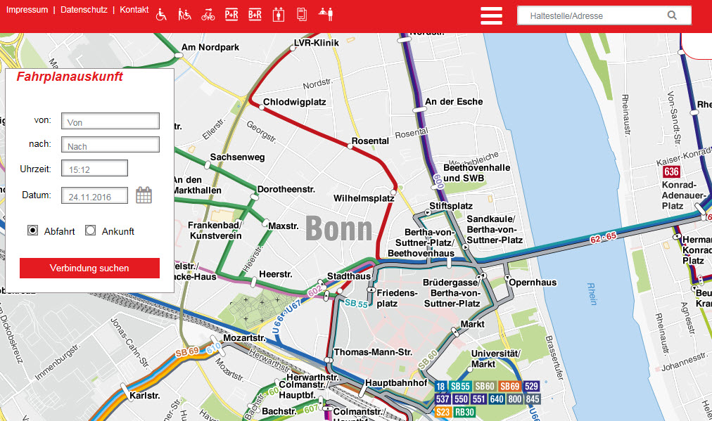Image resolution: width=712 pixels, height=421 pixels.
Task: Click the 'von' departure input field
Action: (110, 122)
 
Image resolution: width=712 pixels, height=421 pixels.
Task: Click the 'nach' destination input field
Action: (110, 145)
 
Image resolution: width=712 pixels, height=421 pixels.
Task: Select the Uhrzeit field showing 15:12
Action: (94, 169)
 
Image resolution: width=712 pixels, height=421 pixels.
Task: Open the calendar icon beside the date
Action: (144, 195)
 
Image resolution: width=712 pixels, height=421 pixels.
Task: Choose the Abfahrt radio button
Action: (32, 231)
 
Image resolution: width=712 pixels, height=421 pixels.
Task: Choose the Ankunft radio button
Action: (90, 231)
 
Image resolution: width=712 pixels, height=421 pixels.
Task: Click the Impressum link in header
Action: (27, 10)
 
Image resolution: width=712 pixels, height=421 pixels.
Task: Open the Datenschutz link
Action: (84, 10)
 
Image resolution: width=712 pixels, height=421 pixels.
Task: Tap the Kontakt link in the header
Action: (134, 10)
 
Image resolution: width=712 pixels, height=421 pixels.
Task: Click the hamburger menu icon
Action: (491, 15)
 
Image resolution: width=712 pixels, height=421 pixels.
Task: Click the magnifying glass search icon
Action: (672, 15)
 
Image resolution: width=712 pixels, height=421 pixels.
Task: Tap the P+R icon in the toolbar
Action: (231, 14)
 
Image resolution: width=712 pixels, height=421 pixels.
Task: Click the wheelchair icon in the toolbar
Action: (161, 14)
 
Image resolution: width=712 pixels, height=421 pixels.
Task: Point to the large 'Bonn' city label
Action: (338, 229)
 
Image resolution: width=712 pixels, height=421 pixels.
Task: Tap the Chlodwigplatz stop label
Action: (294, 102)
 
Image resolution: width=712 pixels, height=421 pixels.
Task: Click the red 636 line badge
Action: (671, 172)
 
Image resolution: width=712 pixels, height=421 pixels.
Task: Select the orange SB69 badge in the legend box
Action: (509, 387)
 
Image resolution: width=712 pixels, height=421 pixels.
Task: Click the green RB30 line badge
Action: (464, 412)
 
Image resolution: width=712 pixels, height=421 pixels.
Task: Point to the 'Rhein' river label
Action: (592, 293)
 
